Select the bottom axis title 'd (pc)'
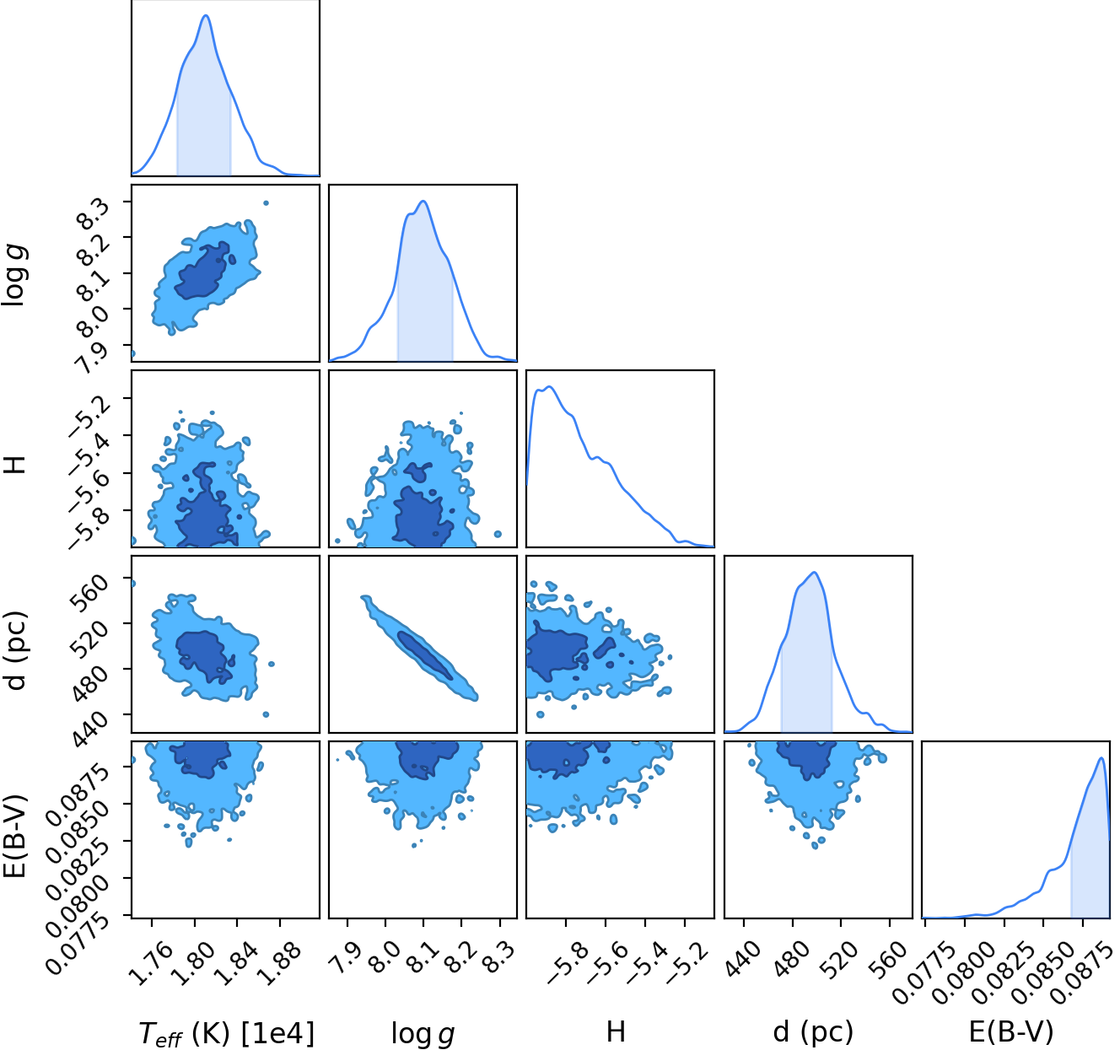(813, 1031)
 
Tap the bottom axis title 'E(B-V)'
(1011, 1031)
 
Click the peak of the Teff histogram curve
(206, 15)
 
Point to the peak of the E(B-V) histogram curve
(1101, 757)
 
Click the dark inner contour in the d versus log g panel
(425, 655)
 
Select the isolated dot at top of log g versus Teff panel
(266, 203)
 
